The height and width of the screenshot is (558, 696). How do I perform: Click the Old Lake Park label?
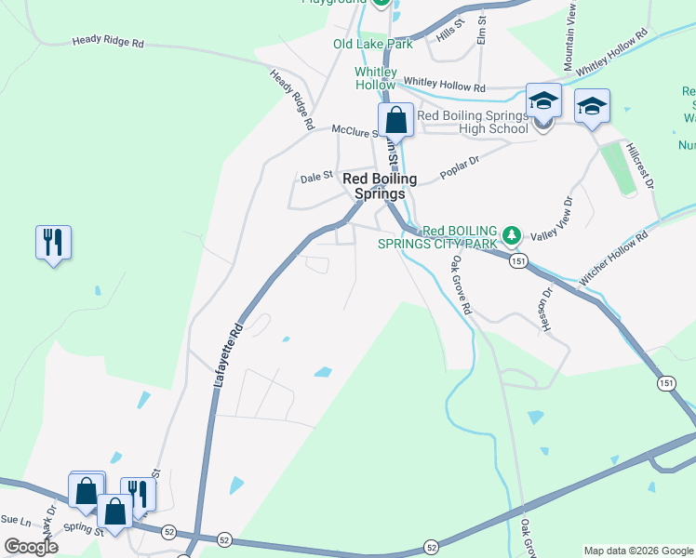coord(372,44)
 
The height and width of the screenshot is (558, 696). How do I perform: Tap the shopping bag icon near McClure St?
coord(395,121)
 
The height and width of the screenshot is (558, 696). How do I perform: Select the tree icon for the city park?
coord(510,232)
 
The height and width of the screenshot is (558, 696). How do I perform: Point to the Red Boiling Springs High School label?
coord(473,122)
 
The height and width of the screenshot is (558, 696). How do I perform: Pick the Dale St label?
coord(315,175)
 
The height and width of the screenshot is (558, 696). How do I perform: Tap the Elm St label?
coord(482,31)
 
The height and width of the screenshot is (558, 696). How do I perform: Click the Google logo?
coord(32,547)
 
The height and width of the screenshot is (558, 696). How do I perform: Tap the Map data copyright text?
coord(638,551)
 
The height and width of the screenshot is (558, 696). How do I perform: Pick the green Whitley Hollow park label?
coord(375,78)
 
